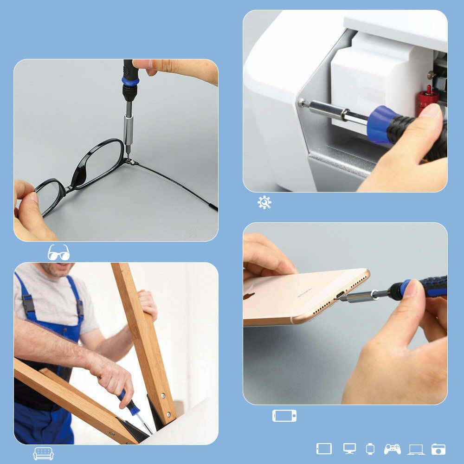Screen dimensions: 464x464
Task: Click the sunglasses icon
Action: tap(58, 252)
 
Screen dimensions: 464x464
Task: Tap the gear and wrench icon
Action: tap(264, 202)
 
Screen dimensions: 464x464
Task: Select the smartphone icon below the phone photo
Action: tap(284, 416)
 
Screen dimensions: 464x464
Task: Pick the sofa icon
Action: tap(43, 453)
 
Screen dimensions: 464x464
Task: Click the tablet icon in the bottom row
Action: tap(324, 449)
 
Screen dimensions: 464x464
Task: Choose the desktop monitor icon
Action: tap(349, 449)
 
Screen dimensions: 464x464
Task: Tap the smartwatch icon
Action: tap(370, 449)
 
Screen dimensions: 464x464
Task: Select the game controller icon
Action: tap(392, 449)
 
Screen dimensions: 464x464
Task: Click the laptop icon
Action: tap(416, 449)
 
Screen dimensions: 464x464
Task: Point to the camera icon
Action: tap(438, 449)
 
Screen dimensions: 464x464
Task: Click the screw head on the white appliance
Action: tap(302, 102)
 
